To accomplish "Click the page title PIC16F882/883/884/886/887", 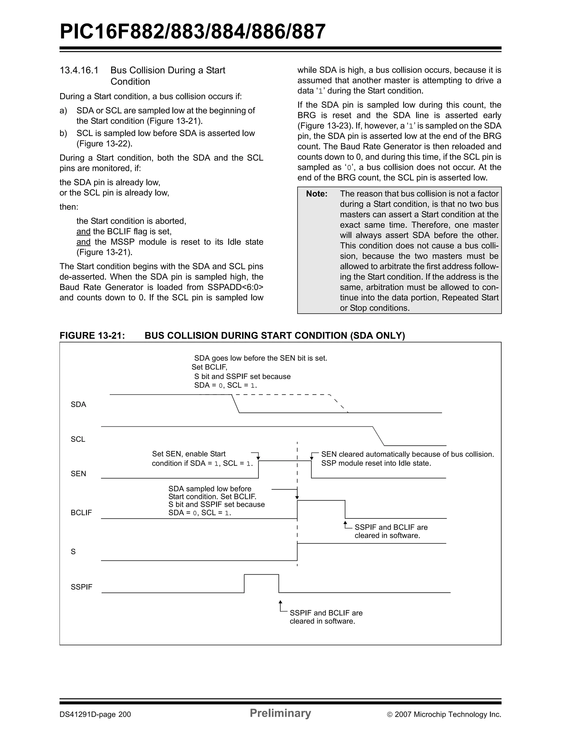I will pos(192,32).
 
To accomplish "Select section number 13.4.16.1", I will pos(79,71).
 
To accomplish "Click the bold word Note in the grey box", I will pos(316,194).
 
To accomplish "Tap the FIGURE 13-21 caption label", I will pos(92,336).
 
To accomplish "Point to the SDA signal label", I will pos(78,404).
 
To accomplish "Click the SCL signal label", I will pos(78,439).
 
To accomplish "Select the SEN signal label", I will pos(78,474).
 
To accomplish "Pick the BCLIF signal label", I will pos(81,512).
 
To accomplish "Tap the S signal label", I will pos(73,551).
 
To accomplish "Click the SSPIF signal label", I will pos(81,587).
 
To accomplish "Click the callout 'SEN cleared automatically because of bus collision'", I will pos(407,454).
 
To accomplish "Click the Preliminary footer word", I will pos(280,713).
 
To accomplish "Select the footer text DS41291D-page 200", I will pos(95,714).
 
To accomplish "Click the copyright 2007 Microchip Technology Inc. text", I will pos(444,714).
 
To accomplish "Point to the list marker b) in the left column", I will pos(63,133).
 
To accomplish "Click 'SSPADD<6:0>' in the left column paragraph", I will pos(235,287).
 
